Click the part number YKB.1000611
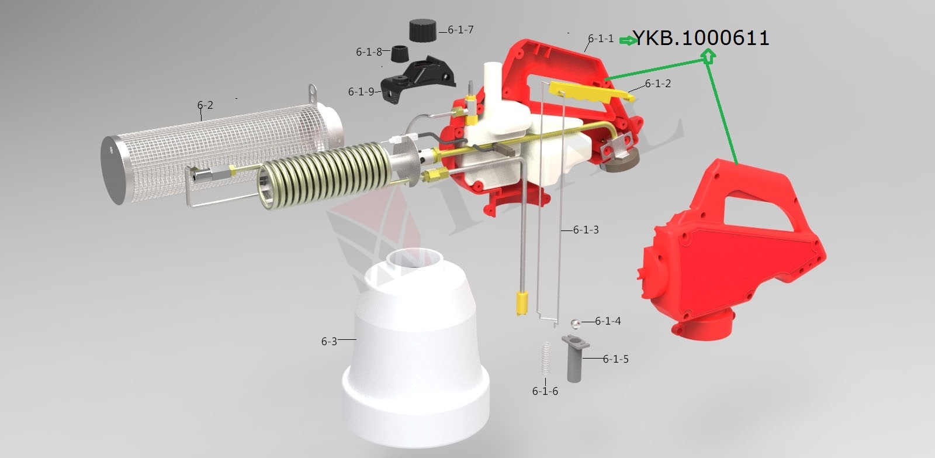coord(701,38)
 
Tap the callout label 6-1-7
coord(460,30)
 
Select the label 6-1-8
coord(369,52)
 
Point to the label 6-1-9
coord(361,91)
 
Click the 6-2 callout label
coord(205,105)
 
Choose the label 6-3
coord(329,342)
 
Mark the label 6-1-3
coord(586,229)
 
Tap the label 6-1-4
coord(608,321)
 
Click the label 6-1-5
coord(616,359)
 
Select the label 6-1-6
coord(545,391)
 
